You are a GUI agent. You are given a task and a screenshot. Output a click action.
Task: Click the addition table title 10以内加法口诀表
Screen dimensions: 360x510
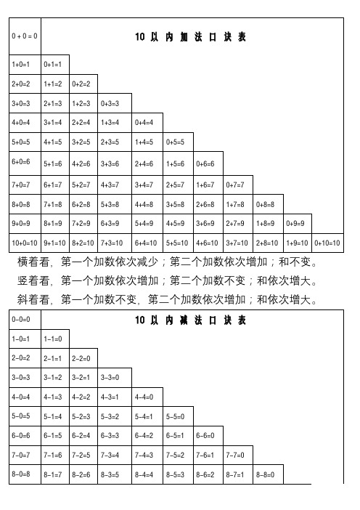click(x=191, y=36)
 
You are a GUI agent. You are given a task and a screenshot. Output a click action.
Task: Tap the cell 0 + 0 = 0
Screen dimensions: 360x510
click(x=25, y=36)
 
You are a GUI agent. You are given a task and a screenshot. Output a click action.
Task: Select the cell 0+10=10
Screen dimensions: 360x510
click(x=327, y=243)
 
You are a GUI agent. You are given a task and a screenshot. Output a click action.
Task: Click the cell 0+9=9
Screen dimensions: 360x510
click(x=297, y=224)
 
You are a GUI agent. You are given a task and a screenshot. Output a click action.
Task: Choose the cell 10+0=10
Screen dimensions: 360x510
click(x=25, y=243)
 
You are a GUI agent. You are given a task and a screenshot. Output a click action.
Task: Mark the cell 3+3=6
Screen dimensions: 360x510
click(x=113, y=165)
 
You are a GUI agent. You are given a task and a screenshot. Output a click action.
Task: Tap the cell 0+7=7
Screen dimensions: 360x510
click(x=237, y=185)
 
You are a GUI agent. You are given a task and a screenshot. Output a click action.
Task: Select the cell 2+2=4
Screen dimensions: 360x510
click(x=83, y=123)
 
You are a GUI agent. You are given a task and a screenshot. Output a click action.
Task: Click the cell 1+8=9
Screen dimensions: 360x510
click(x=267, y=224)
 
